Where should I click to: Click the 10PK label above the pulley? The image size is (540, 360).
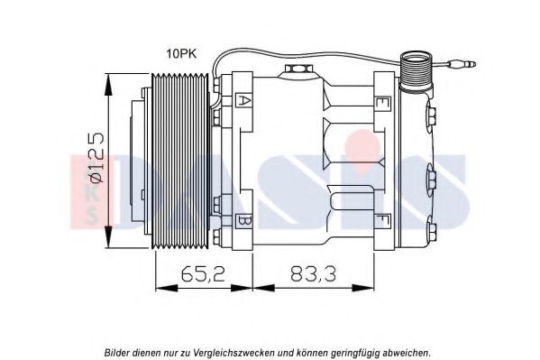(x=181, y=54)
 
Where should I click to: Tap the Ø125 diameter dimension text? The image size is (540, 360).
(x=96, y=157)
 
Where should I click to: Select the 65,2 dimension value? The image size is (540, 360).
(x=203, y=273)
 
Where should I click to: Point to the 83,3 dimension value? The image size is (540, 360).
(x=313, y=273)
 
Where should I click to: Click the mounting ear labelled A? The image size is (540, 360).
(x=243, y=101)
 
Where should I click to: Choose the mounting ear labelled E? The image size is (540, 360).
(x=383, y=103)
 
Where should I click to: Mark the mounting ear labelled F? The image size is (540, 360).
(x=383, y=220)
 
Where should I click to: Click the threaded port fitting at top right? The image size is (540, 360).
(x=416, y=71)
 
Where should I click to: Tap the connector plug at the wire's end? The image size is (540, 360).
(x=461, y=64)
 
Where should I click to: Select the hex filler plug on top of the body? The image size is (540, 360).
(x=297, y=69)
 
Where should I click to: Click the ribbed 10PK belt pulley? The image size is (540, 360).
(x=180, y=161)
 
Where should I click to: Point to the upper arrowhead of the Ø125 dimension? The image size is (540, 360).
(x=108, y=84)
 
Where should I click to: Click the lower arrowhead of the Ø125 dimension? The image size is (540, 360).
(x=108, y=237)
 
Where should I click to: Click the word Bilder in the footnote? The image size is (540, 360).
(x=116, y=353)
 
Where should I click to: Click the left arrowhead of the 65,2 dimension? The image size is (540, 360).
(x=167, y=288)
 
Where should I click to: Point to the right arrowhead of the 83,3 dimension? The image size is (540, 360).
(x=363, y=288)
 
